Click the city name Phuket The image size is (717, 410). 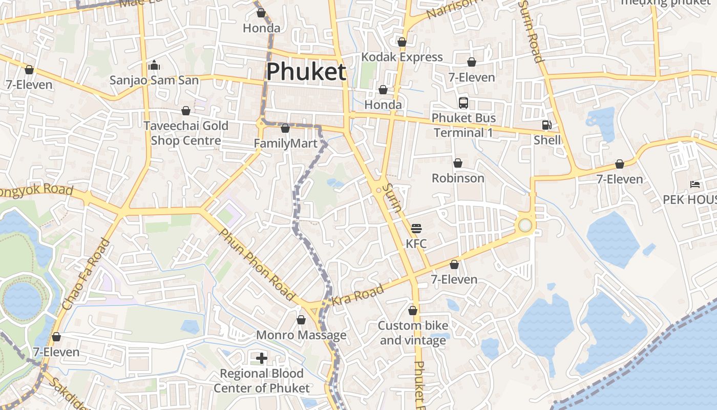click(306, 71)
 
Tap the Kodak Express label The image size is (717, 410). click(402, 57)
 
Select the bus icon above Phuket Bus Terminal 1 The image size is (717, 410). click(463, 103)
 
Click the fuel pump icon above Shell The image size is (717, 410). click(547, 125)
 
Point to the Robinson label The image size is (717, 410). click(458, 178)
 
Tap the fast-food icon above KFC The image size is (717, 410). click(416, 229)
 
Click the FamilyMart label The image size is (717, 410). click(286, 143)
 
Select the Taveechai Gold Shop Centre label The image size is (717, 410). click(186, 133)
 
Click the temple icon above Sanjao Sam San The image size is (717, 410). click(154, 65)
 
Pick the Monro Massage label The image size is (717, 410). click(301, 335)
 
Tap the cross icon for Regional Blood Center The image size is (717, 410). click(262, 358)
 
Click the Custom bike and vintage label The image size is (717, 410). click(413, 333)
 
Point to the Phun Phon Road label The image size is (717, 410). click(257, 264)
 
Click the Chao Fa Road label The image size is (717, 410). click(86, 275)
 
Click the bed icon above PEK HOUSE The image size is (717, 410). click(695, 184)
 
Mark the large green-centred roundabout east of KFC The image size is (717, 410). click(524, 225)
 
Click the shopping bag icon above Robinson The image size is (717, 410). click(458, 163)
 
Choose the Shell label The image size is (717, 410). click(547, 140)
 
